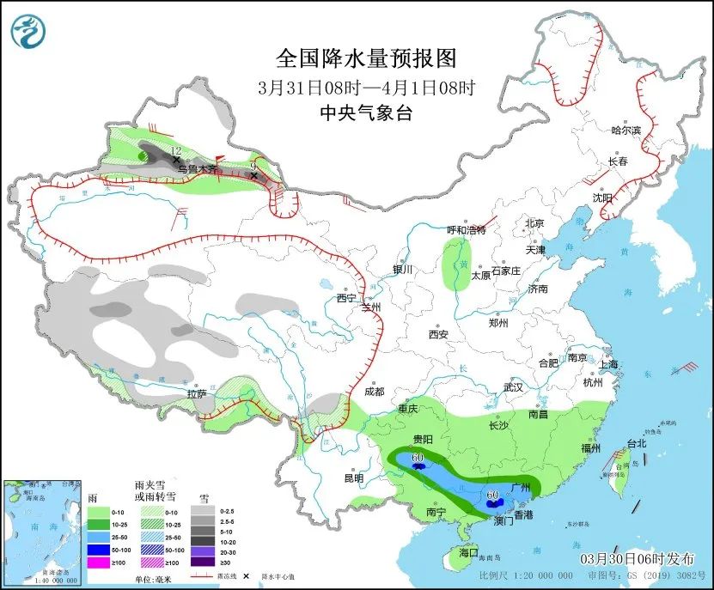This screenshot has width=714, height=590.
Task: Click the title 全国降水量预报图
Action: (366, 58)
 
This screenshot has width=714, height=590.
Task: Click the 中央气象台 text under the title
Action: (366, 112)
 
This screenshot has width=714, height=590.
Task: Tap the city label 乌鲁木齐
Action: (199, 170)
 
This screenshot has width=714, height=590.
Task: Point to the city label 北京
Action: (535, 223)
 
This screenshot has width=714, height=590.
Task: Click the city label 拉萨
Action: (197, 394)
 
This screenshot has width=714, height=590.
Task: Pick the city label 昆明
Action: (353, 477)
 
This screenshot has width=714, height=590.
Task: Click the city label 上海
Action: (608, 364)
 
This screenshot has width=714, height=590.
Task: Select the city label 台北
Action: (636, 444)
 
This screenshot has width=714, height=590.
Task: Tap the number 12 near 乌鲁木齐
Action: (177, 149)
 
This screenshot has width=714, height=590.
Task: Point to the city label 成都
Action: (374, 391)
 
